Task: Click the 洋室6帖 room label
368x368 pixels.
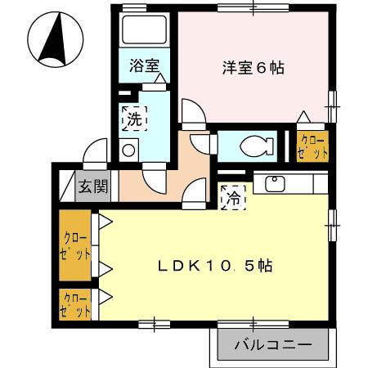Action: [x=253, y=69]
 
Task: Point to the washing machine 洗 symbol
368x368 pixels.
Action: [x=134, y=119]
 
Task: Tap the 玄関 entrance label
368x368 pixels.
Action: [x=93, y=186]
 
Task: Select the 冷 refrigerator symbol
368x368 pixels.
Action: [x=233, y=196]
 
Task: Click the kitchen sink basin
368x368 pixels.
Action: [x=275, y=183]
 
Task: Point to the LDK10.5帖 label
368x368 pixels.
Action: [x=214, y=266]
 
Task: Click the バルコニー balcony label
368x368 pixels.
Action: [x=273, y=344]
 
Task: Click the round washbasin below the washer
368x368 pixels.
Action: [x=128, y=150]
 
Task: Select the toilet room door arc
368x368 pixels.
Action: [x=204, y=143]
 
